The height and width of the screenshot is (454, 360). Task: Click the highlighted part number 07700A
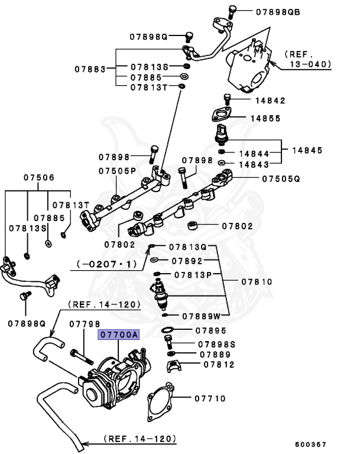pyautogui.click(x=118, y=335)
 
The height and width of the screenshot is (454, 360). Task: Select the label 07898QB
pyautogui.click(x=278, y=11)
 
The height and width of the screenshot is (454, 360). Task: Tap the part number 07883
pyautogui.click(x=89, y=69)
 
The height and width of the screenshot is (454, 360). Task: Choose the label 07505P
pyautogui.click(x=117, y=171)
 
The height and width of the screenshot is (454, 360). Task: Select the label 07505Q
pyautogui.click(x=281, y=177)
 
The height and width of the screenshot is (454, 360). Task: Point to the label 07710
pyautogui.click(x=210, y=398)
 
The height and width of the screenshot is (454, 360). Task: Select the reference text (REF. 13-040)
pyautogui.click(x=308, y=59)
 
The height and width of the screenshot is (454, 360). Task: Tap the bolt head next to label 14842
pyautogui.click(x=226, y=98)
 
